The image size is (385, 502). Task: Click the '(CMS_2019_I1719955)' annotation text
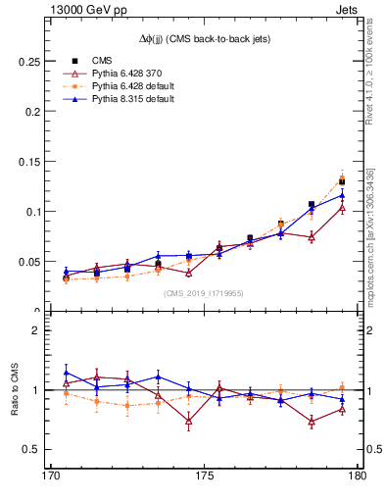(x=204, y=293)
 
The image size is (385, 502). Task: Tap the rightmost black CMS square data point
(x=342, y=182)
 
